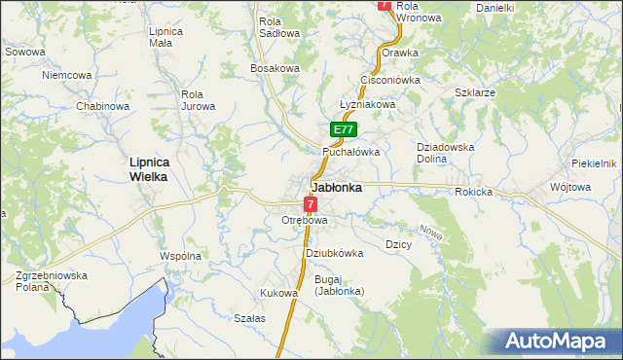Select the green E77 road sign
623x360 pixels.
click(343, 129)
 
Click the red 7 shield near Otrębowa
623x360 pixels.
click(310, 204)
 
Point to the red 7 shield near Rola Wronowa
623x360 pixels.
click(385, 5)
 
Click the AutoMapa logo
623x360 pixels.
click(558, 342)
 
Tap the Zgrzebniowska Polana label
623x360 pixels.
click(52, 282)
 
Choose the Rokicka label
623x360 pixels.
click(473, 192)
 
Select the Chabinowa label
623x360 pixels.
click(103, 106)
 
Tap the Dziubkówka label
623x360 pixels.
click(334, 253)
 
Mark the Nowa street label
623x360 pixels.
click(430, 231)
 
